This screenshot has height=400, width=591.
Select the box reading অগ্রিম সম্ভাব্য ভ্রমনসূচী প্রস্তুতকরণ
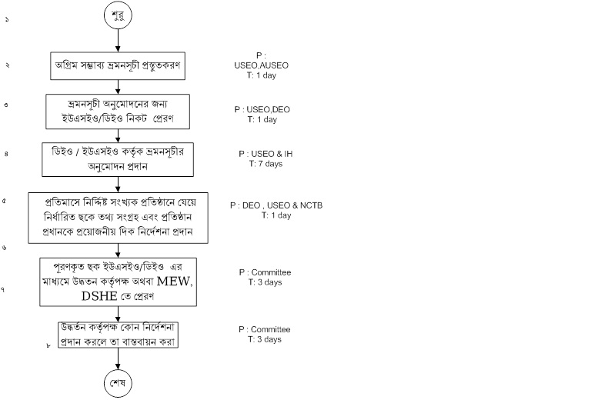click(118, 65)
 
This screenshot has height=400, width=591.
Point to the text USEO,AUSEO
click(261, 65)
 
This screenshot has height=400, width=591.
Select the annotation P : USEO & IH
click(265, 154)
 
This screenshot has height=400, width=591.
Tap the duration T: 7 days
click(265, 163)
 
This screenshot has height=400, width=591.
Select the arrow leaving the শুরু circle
click(117, 41)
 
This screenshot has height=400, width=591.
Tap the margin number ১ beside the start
click(6, 15)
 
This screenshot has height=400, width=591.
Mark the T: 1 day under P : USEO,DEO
click(262, 120)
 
